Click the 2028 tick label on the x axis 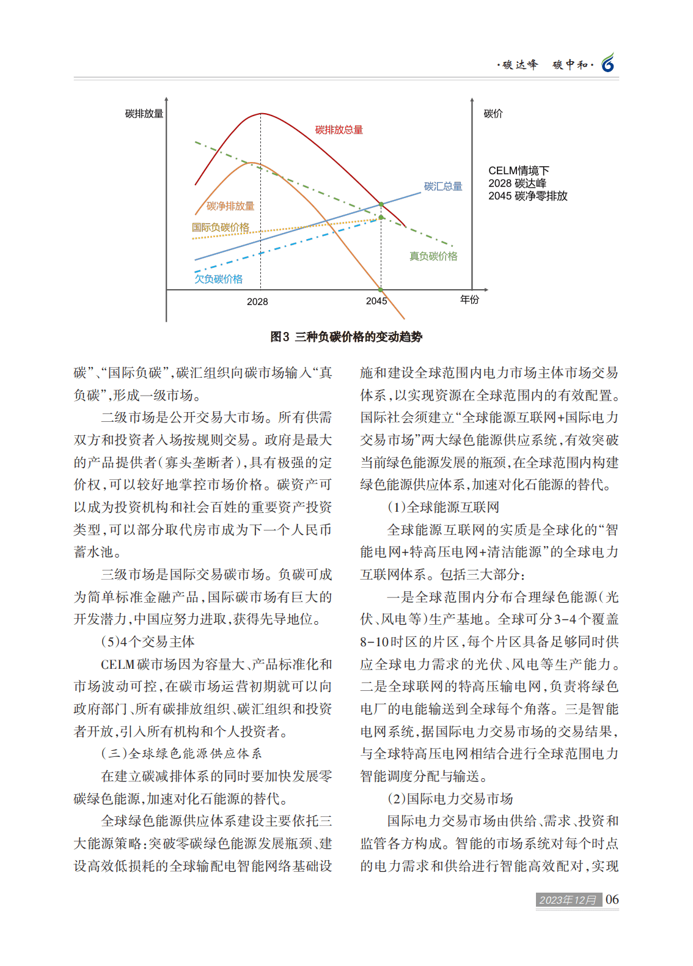(x=257, y=301)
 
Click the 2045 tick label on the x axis (x=376, y=301)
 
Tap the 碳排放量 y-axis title (x=144, y=114)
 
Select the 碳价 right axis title (x=493, y=114)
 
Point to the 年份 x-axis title (x=470, y=299)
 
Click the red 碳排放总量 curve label (x=339, y=130)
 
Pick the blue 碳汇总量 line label (x=443, y=186)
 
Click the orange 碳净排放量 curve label (x=230, y=206)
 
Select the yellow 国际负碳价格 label (x=221, y=227)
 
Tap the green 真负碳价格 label (x=433, y=256)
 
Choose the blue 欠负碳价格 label (x=219, y=279)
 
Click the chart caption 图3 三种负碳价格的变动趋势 (x=346, y=337)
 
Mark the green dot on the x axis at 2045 (x=380, y=290)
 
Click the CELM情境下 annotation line (x=519, y=171)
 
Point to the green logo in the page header (x=607, y=63)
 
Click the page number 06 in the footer (x=612, y=899)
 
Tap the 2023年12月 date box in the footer (x=568, y=900)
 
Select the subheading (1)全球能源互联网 (x=443, y=507)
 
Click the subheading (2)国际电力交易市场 (x=450, y=799)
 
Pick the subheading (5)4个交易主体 (x=148, y=642)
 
